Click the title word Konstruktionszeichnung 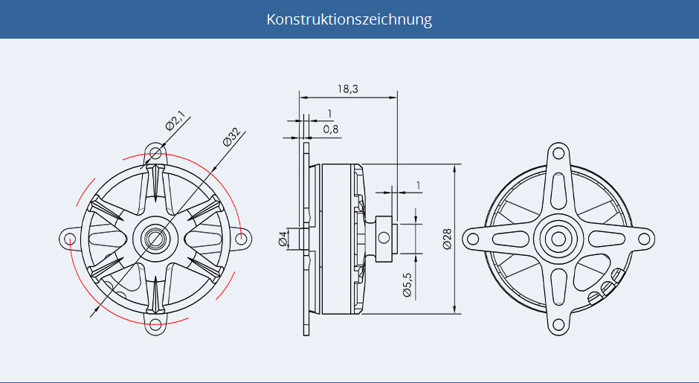pyautogui.click(x=349, y=19)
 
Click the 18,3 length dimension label pyautogui.click(x=348, y=89)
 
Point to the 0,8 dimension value pyautogui.click(x=330, y=129)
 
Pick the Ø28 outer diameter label pyautogui.click(x=447, y=239)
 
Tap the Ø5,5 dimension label pyautogui.click(x=407, y=284)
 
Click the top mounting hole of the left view pyautogui.click(x=155, y=153)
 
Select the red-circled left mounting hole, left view pyautogui.click(x=70, y=239)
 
